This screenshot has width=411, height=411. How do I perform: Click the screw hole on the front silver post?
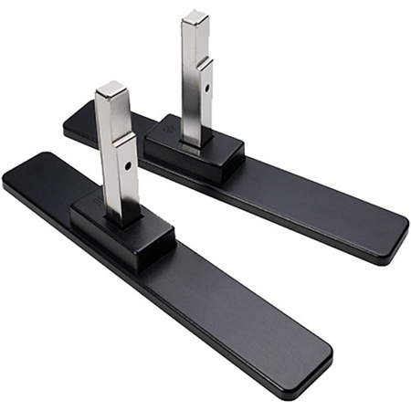(x=126, y=165)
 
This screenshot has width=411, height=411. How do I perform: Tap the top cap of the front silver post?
(x=110, y=90)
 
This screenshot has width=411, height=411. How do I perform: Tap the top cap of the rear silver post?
(x=195, y=18)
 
